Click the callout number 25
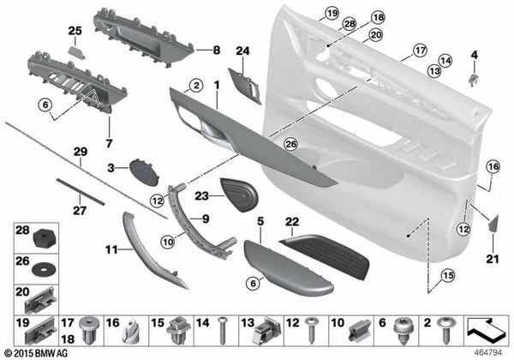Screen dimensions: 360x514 [75, 31]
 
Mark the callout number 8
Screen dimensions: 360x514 [217, 50]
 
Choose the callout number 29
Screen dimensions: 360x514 [80, 151]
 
